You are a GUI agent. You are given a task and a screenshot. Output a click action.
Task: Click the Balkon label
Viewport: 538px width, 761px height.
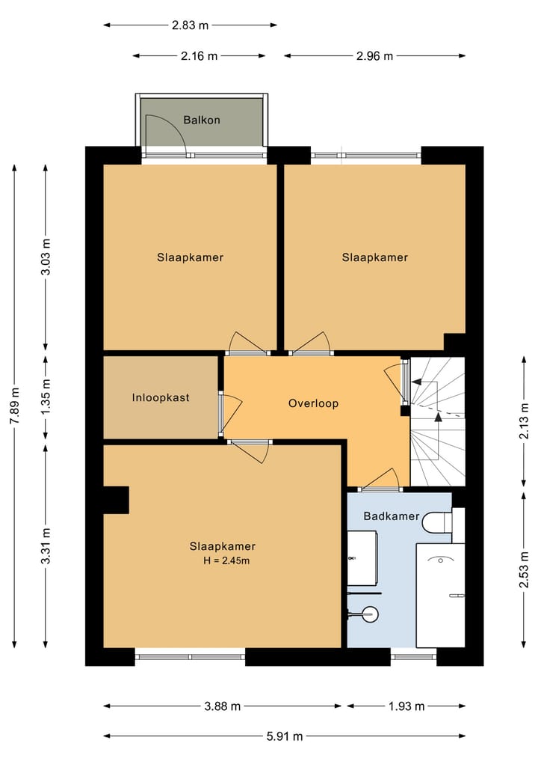[202, 120]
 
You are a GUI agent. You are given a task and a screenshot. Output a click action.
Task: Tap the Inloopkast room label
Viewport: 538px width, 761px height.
[161, 398]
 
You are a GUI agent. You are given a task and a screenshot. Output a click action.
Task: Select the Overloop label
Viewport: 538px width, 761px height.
[313, 403]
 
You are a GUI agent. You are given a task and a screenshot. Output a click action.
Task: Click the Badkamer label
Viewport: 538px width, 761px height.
[391, 516]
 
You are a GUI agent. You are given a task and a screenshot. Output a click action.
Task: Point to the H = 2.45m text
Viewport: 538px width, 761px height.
[226, 561]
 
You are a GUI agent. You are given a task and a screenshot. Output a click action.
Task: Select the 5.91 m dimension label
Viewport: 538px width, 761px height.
[285, 737]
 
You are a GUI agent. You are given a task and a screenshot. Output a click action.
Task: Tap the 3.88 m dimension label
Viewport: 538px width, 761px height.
[223, 706]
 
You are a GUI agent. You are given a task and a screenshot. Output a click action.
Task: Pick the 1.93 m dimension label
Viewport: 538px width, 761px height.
[406, 706]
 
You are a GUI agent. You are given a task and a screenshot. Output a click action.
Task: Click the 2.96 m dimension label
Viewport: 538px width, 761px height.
[374, 56]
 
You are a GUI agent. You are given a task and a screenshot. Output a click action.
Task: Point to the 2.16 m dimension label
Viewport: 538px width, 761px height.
[200, 56]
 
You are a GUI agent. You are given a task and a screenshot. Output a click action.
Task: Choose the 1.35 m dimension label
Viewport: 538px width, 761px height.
[46, 398]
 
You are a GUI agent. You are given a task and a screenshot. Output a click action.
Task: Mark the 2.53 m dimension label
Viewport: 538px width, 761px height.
[524, 569]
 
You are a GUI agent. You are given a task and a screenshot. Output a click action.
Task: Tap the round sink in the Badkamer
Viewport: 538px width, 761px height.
[371, 614]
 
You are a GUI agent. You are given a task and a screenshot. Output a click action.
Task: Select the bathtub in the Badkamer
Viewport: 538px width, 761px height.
[441, 596]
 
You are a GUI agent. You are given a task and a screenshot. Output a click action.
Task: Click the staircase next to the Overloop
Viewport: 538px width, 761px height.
[438, 421]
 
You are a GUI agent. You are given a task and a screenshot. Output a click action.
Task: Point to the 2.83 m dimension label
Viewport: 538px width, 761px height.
[190, 25]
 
